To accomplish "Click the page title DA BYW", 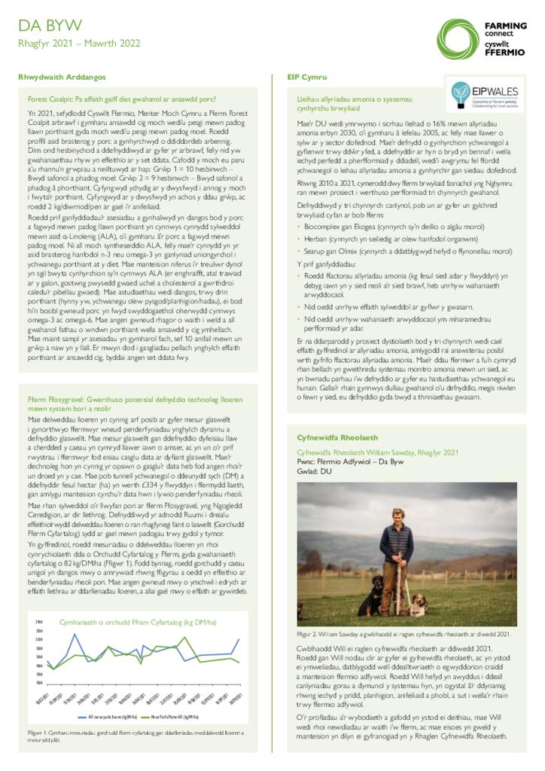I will [50, 26].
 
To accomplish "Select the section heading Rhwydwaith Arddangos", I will [62, 78].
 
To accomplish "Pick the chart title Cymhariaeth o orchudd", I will [127, 622].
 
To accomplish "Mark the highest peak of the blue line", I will [74, 634].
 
